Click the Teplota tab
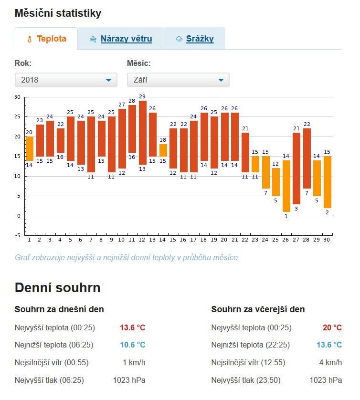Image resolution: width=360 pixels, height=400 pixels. click(x=46, y=39)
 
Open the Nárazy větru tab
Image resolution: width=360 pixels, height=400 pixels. click(x=121, y=39)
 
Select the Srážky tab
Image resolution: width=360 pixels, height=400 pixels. click(x=194, y=39)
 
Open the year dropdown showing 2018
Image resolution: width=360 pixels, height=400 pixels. click(x=66, y=80)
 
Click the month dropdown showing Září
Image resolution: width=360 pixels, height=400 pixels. click(x=178, y=80)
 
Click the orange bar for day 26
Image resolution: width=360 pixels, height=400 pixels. click(x=286, y=186)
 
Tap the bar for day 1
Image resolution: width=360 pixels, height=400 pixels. click(x=30, y=148)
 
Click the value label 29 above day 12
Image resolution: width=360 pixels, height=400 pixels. click(x=142, y=97)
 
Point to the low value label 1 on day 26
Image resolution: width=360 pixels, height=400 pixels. click(x=286, y=216)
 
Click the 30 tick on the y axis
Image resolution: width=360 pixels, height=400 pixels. click(x=18, y=97)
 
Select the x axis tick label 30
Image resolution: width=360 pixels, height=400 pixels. click(x=328, y=240)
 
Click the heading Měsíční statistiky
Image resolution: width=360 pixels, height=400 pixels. click(x=58, y=13)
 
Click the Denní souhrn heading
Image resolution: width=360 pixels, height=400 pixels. click(x=57, y=288)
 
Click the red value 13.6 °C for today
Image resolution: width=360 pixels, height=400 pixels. click(x=132, y=327)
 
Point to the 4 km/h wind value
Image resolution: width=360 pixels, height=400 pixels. click(x=330, y=362)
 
